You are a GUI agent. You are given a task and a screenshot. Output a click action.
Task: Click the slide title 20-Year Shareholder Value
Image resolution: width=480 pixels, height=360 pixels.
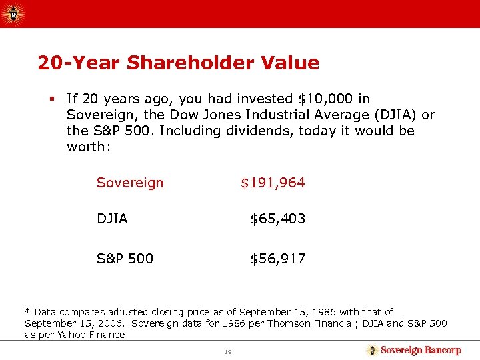pos(178,63)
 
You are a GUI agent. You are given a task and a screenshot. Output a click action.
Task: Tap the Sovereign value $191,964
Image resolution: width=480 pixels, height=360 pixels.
pos(273,183)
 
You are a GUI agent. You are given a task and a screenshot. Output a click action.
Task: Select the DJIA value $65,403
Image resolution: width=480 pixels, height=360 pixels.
pos(277,219)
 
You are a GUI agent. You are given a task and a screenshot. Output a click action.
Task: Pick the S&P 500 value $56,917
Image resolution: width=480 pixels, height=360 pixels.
pos(277,258)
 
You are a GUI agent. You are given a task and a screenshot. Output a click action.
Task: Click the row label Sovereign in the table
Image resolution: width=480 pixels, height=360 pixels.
pos(129,183)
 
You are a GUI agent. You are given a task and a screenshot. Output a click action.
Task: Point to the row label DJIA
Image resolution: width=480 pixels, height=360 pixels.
pos(112,219)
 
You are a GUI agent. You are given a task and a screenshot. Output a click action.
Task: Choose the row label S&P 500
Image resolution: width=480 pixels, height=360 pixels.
pos(125,258)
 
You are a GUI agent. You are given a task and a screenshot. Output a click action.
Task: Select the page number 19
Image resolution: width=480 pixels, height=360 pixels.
pos(228,351)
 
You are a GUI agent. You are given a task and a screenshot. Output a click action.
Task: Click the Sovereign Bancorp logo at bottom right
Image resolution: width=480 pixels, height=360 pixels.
pos(414,350)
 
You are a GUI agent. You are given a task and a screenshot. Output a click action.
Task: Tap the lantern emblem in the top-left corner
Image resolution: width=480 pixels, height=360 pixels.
pos(14,13)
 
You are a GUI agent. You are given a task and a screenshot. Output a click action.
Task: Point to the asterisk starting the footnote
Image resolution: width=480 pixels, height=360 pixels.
pos(27,311)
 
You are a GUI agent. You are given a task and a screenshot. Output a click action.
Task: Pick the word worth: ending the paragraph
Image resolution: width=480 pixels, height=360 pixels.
pos(87,147)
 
